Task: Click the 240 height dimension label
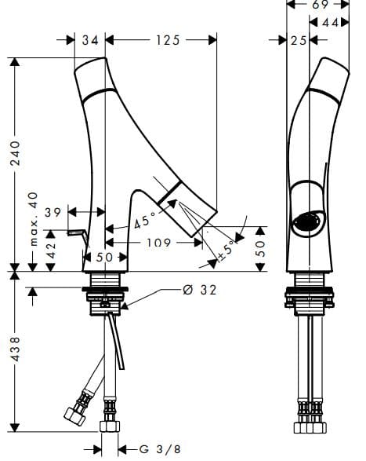point(15,153)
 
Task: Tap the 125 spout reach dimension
point(167,40)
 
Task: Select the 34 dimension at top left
point(90,40)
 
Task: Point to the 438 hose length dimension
point(15,349)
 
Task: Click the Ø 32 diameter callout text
point(199,290)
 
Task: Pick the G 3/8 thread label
point(160,449)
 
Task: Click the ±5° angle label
point(226,251)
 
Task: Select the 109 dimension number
point(158,243)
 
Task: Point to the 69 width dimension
point(320,5)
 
